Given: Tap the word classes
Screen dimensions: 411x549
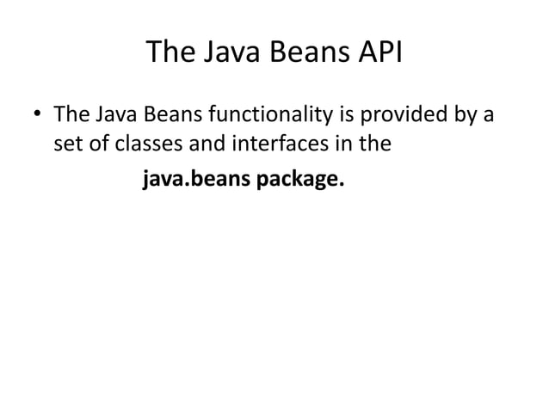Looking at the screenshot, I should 145,144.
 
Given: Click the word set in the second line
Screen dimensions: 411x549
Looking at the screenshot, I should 68,144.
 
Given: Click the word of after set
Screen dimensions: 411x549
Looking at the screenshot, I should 98,144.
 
